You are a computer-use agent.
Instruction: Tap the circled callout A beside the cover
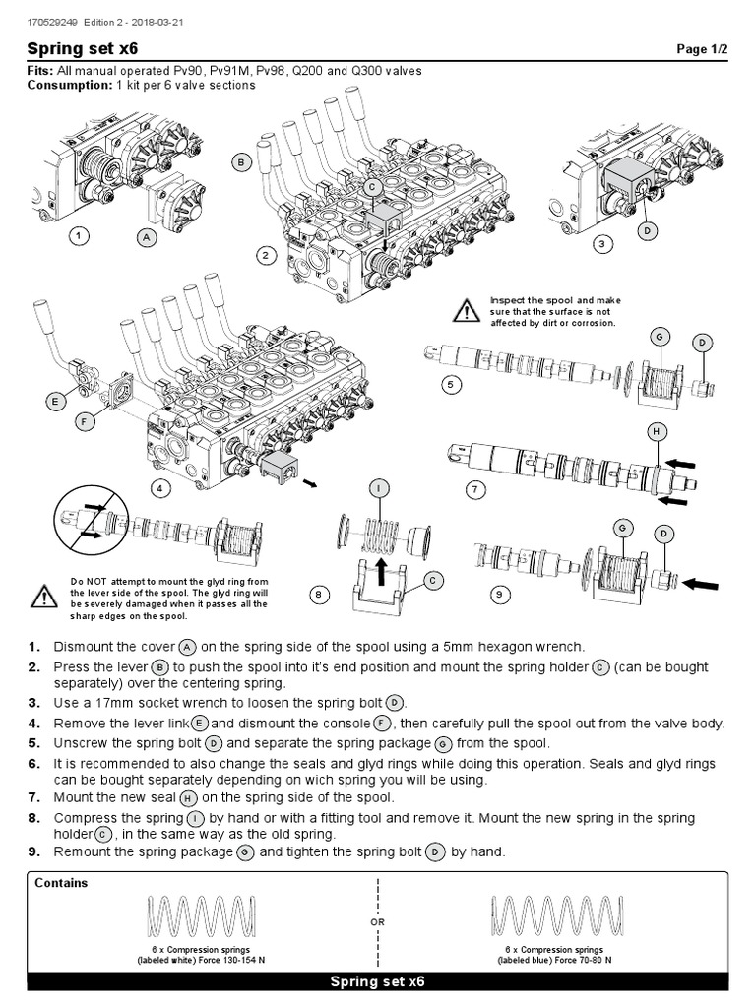[147, 236]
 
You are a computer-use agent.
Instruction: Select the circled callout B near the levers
[240, 162]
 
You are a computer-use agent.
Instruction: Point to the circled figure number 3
[603, 242]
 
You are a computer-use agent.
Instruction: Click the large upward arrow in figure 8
[378, 570]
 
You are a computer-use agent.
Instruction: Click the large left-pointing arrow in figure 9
[701, 583]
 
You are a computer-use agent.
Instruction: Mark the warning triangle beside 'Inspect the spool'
[466, 312]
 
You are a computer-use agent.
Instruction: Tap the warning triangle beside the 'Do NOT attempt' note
[43, 596]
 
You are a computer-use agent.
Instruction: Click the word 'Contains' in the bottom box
[61, 883]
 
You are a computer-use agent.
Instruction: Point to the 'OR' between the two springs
[377, 923]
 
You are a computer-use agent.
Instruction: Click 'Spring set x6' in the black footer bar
[377, 982]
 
